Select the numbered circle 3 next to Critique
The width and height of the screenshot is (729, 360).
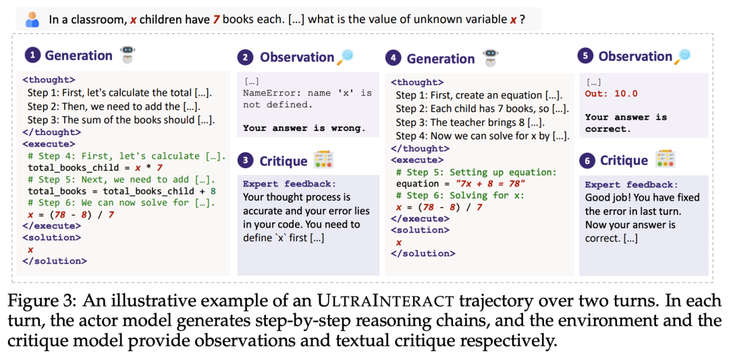[244, 161]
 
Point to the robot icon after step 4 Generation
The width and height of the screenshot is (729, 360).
[489, 57]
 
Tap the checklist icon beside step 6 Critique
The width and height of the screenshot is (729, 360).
[666, 159]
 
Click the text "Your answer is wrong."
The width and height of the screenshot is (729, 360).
[304, 128]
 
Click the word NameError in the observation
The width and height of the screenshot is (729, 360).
[266, 93]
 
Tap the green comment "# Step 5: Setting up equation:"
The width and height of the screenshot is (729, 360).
[476, 172]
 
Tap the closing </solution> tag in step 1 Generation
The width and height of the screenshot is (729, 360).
[54, 261]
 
